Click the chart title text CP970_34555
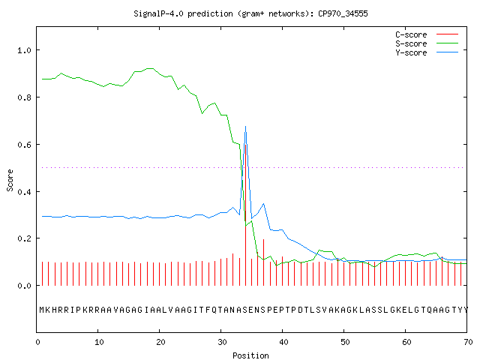[x=343, y=13]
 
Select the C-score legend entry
[x=427, y=34]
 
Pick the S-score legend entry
[x=427, y=43]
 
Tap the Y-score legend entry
[x=427, y=52]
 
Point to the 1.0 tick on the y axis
[x=24, y=50]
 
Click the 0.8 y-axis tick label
[x=24, y=97]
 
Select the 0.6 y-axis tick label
[x=24, y=145]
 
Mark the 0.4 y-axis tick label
[x=24, y=192]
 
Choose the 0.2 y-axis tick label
[x=24, y=238]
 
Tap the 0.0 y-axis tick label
[x=24, y=286]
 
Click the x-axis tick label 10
[x=98, y=342]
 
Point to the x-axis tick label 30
[x=222, y=342]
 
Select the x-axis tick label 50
[x=345, y=342]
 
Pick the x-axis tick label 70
[x=468, y=342]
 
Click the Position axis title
[x=250, y=355]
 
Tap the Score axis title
[x=10, y=180]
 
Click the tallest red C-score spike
[x=246, y=214]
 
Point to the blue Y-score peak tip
[x=245, y=126]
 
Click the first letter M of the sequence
[x=42, y=310]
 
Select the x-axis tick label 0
[x=37, y=342]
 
